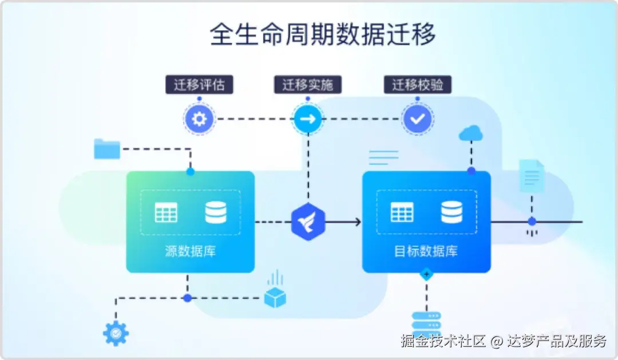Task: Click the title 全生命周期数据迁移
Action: click(322, 34)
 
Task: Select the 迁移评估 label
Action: click(199, 84)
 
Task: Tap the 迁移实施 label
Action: click(308, 84)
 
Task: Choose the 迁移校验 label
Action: click(417, 84)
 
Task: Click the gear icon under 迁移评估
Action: click(199, 118)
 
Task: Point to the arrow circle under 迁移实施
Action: click(308, 118)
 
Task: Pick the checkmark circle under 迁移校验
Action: click(418, 118)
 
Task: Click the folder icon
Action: click(107, 149)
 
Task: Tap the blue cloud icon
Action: click(470, 133)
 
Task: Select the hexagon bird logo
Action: click(308, 221)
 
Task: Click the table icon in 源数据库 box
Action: click(166, 212)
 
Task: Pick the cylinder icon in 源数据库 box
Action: click(216, 212)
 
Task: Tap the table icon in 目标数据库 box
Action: click(402, 212)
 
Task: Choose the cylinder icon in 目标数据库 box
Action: click(451, 212)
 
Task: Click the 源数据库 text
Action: click(191, 251)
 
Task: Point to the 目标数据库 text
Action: click(426, 251)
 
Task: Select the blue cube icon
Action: click(275, 297)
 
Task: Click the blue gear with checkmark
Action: click(116, 334)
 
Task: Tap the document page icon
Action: click(532, 176)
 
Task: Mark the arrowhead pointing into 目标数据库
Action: click(358, 222)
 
